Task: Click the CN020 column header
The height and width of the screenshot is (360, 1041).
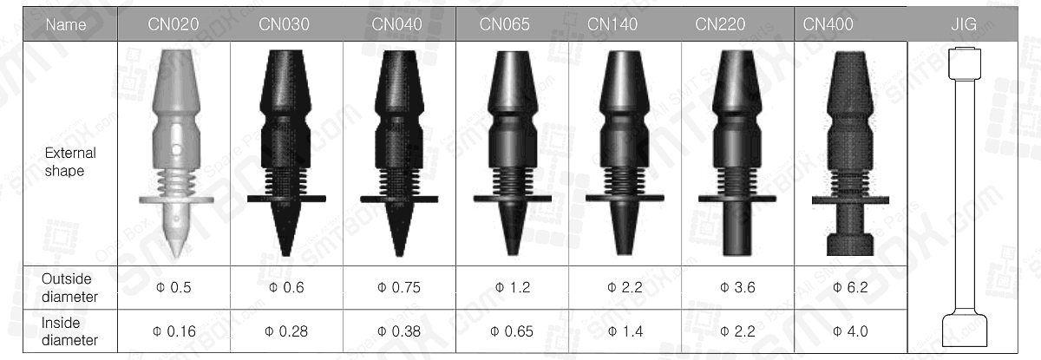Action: pyautogui.click(x=173, y=24)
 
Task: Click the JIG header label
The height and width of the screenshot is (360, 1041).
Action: pyautogui.click(x=963, y=24)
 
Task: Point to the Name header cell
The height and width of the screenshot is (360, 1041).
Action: pyautogui.click(x=66, y=24)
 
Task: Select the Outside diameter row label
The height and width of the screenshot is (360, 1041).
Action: pyautogui.click(x=69, y=288)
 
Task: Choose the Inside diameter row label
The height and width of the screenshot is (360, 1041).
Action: pyautogui.click(x=69, y=331)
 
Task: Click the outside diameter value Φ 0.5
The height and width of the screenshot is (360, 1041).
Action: pyautogui.click(x=173, y=288)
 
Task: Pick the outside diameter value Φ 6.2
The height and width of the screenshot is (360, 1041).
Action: pyautogui.click(x=850, y=288)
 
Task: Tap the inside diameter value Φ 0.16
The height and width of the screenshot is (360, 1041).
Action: pyautogui.click(x=173, y=331)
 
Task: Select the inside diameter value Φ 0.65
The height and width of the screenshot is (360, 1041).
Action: pyautogui.click(x=512, y=331)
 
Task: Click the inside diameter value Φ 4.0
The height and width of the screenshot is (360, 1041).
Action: pyautogui.click(x=850, y=331)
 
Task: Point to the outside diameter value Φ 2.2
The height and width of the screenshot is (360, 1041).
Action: pyautogui.click(x=625, y=288)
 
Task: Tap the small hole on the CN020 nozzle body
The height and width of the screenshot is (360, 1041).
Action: pyautogui.click(x=175, y=149)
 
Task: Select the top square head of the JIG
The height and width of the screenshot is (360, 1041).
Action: pyautogui.click(x=963, y=62)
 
